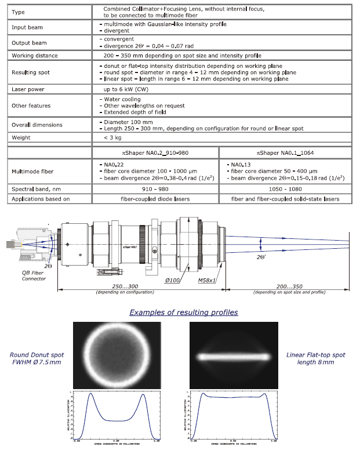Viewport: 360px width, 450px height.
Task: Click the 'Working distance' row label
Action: coord(35,56)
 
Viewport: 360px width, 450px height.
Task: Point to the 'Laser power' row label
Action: coord(29,89)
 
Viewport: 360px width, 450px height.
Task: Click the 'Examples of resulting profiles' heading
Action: coord(183,312)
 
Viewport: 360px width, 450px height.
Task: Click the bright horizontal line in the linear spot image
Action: coord(233,356)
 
